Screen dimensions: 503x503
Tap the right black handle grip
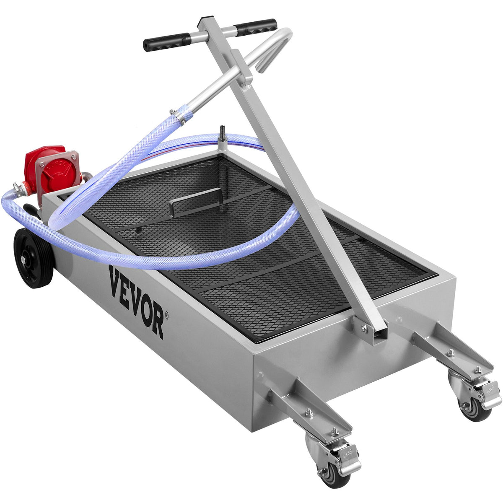pos(255,27)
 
